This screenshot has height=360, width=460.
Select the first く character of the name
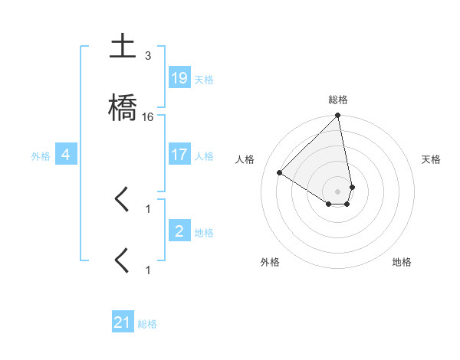point(122,200)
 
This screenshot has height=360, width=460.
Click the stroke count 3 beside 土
point(148,56)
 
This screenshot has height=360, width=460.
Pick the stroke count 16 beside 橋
point(148,117)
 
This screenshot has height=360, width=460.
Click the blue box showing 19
point(179,78)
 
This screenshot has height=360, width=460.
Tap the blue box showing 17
point(179,155)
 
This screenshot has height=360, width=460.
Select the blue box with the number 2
point(179,231)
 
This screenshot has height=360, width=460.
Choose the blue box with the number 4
point(66,155)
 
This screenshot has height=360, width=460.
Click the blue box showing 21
point(123,322)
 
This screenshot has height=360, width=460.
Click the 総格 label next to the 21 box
point(147,324)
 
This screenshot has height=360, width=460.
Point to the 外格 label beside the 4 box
point(41,156)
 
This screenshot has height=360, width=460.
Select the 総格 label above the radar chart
point(338,100)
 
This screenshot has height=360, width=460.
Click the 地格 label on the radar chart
point(402,262)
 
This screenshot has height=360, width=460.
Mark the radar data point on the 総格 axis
point(338,116)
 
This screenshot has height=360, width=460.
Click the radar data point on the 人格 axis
point(280,173)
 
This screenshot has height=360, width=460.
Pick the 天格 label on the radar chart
point(431,159)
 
